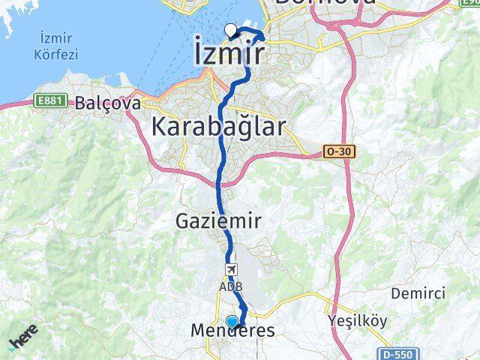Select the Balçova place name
[x=107, y=104]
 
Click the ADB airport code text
[x=230, y=286]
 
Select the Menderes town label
[x=232, y=331]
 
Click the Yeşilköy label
[x=358, y=321]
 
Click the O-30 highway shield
[x=339, y=151]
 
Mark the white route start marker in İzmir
[x=230, y=30]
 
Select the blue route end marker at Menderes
[x=232, y=322]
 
